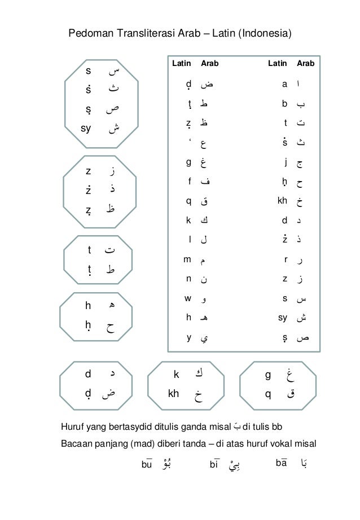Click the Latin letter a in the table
tap(286, 85)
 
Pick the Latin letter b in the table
tap(286, 104)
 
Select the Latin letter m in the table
tap(187, 261)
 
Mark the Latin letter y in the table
tap(188, 338)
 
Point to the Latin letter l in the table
tap(190, 240)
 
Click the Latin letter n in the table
tap(188, 279)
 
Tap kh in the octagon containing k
tap(173, 393)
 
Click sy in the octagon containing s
tap(86, 127)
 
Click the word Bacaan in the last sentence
tap(75, 443)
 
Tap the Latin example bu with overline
tap(147, 464)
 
